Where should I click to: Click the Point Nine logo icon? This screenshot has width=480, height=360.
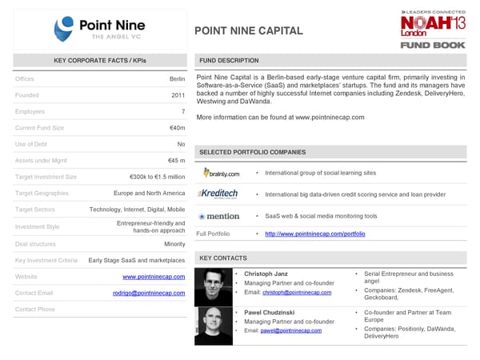pos(66,30)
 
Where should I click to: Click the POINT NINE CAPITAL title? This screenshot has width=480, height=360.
pos(249,31)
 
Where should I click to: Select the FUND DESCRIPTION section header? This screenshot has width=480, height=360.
pos(229,61)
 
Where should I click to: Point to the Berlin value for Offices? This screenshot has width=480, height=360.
pos(177,79)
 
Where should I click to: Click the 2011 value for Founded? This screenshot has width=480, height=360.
pos(178,95)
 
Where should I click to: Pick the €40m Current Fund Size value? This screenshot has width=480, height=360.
pos(177,128)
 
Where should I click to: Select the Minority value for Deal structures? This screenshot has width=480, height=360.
pos(174,243)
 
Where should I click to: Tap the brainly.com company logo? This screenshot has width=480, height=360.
pos(221,173)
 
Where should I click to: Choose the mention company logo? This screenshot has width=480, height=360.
pos(218,216)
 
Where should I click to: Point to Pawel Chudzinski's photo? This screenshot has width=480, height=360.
pos(214,325)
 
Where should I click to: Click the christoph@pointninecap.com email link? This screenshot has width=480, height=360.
pos(298,293)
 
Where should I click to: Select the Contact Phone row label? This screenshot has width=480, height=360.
pos(35,309)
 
